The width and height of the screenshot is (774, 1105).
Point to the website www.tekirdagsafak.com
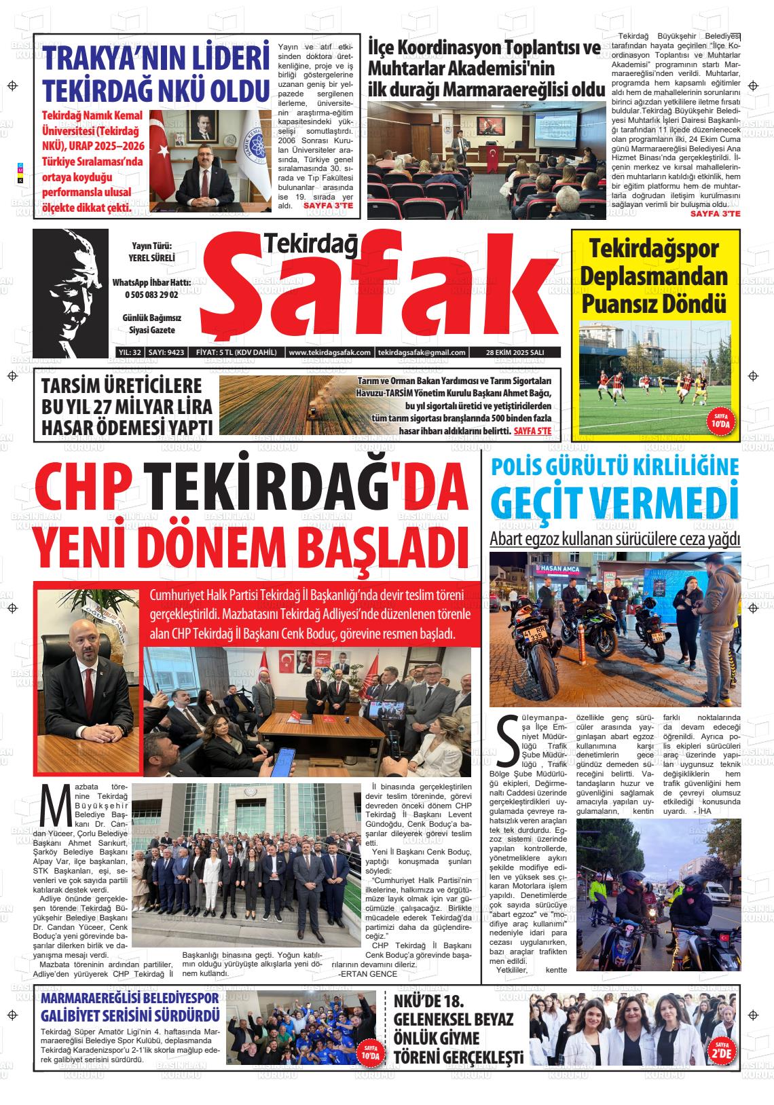(329, 353)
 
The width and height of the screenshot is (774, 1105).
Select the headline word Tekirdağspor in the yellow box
(653, 249)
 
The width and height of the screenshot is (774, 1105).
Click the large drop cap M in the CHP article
(55, 805)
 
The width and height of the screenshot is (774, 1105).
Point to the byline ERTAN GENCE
(367, 973)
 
